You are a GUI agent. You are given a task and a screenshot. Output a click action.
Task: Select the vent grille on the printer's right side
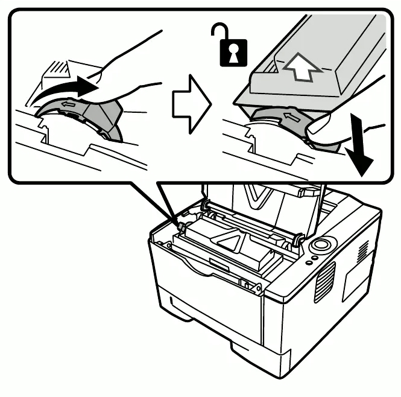point(324,281)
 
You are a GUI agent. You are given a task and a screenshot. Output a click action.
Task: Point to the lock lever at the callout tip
point(179,226)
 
